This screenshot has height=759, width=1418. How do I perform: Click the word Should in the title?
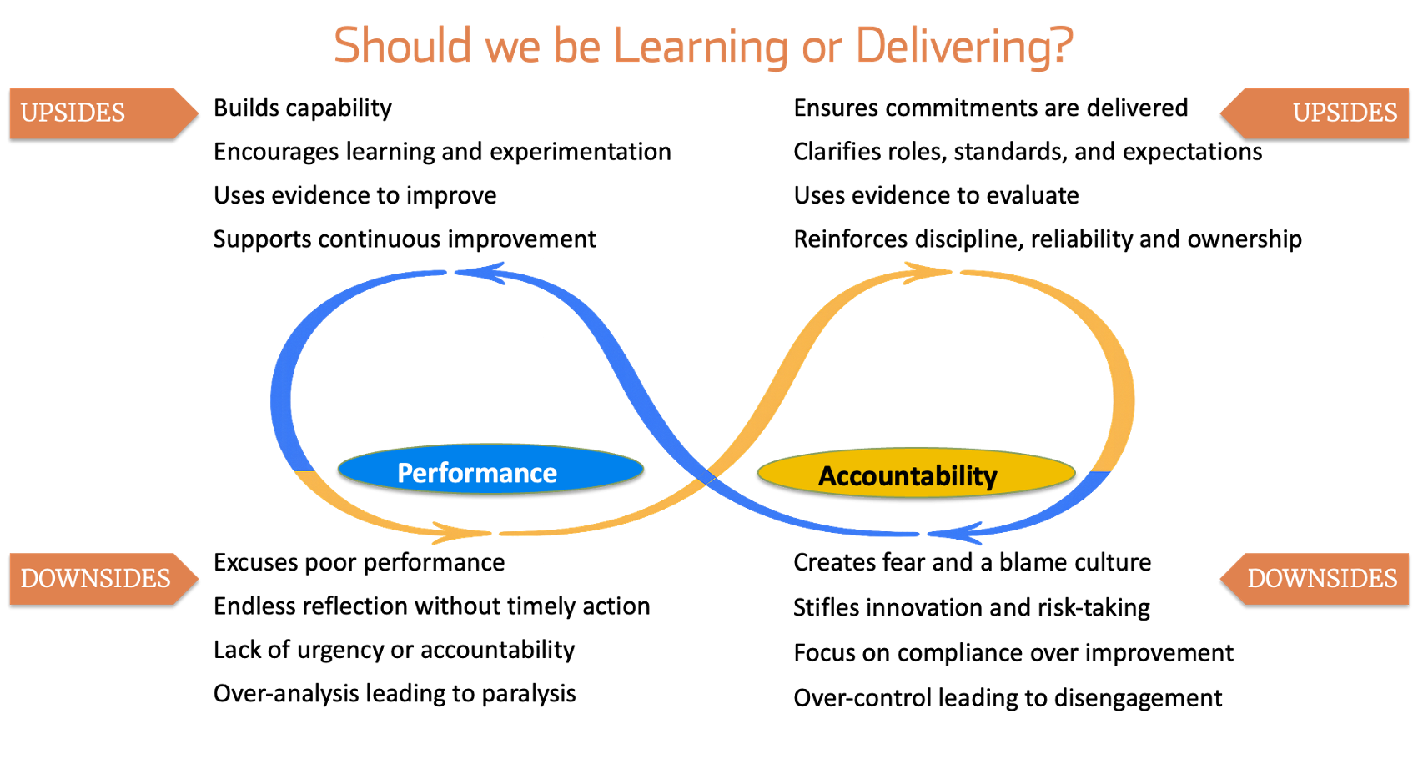click(402, 45)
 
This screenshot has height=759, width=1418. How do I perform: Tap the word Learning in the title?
click(701, 47)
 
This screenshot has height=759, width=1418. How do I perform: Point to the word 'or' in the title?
click(822, 48)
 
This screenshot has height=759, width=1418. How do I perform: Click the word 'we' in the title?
click(512, 48)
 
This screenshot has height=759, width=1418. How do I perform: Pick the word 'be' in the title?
click(576, 45)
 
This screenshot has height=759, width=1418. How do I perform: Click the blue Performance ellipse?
click(490, 469)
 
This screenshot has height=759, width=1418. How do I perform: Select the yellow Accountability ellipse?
click(916, 473)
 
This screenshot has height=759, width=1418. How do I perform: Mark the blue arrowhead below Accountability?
click(955, 533)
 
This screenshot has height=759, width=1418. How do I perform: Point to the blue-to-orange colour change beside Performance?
click(304, 471)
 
